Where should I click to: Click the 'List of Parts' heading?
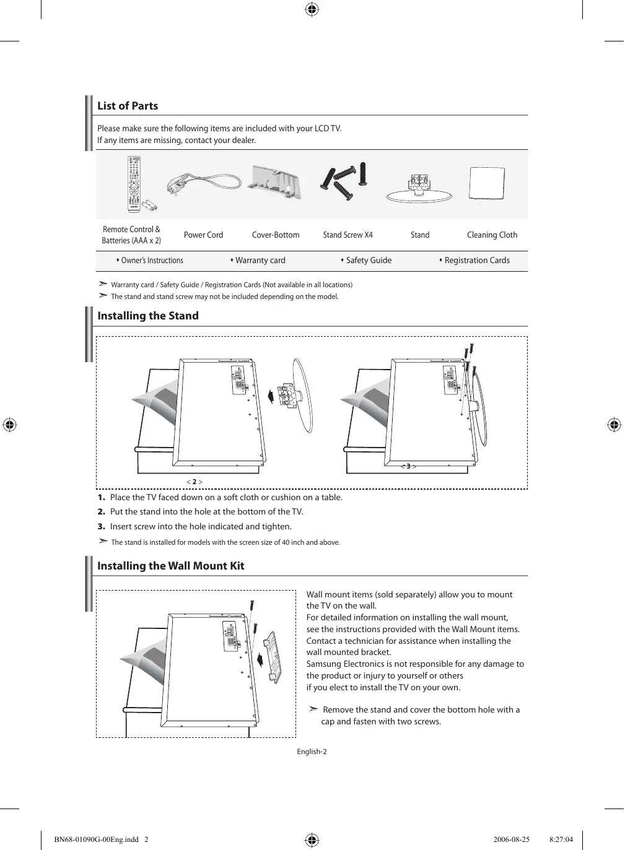click(x=128, y=106)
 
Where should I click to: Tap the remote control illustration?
click(x=133, y=184)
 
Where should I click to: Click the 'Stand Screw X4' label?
click(x=347, y=235)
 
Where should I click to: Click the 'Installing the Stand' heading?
click(x=148, y=316)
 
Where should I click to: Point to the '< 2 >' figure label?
click(x=194, y=482)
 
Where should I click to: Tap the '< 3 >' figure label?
click(x=408, y=466)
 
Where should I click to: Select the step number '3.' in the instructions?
click(x=101, y=527)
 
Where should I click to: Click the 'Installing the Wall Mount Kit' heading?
click(x=171, y=566)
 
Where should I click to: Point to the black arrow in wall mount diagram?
click(x=260, y=656)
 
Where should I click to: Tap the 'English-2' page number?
click(x=312, y=752)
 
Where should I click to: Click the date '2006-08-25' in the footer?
click(x=512, y=840)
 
